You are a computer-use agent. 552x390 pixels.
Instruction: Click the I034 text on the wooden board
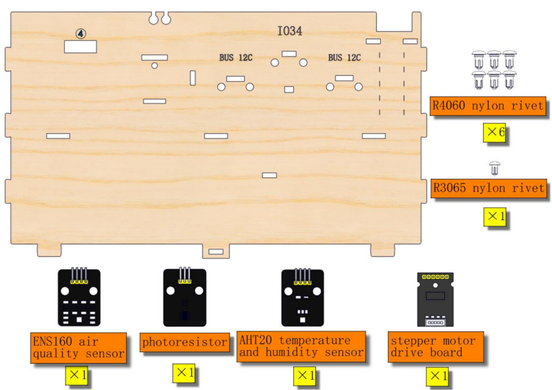[x=289, y=31]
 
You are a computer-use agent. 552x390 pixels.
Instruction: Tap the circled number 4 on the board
[x=81, y=33]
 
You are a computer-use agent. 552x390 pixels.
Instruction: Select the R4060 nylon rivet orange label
[x=488, y=106]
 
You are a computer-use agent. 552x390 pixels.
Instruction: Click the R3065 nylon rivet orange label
[x=489, y=188]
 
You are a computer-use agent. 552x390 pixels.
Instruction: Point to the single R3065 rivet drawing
[x=495, y=168]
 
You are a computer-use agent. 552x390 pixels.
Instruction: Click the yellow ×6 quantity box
[x=494, y=133]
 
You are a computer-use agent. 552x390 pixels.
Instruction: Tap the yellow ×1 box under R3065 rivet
[x=495, y=216]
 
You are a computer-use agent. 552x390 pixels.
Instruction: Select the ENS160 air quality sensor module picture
[x=79, y=297]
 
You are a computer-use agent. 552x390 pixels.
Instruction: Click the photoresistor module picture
[x=185, y=297]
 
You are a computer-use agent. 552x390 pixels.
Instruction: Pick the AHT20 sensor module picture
[x=302, y=297]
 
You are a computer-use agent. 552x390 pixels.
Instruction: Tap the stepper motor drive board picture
[x=435, y=300]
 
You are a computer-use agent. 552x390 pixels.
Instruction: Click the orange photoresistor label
[x=184, y=342]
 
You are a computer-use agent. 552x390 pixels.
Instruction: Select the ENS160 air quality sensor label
[x=79, y=347]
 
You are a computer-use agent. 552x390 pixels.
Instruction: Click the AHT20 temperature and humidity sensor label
[x=301, y=347]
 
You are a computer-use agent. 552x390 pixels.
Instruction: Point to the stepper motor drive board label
[x=436, y=347]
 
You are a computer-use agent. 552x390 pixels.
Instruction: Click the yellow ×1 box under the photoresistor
[x=184, y=373]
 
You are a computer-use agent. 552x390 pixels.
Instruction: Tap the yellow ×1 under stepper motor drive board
[x=437, y=376]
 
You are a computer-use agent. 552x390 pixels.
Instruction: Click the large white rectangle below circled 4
[x=80, y=46]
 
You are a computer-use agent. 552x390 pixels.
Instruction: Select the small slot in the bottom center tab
[x=216, y=251]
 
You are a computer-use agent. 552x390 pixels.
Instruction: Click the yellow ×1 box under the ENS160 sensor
[x=76, y=376]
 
